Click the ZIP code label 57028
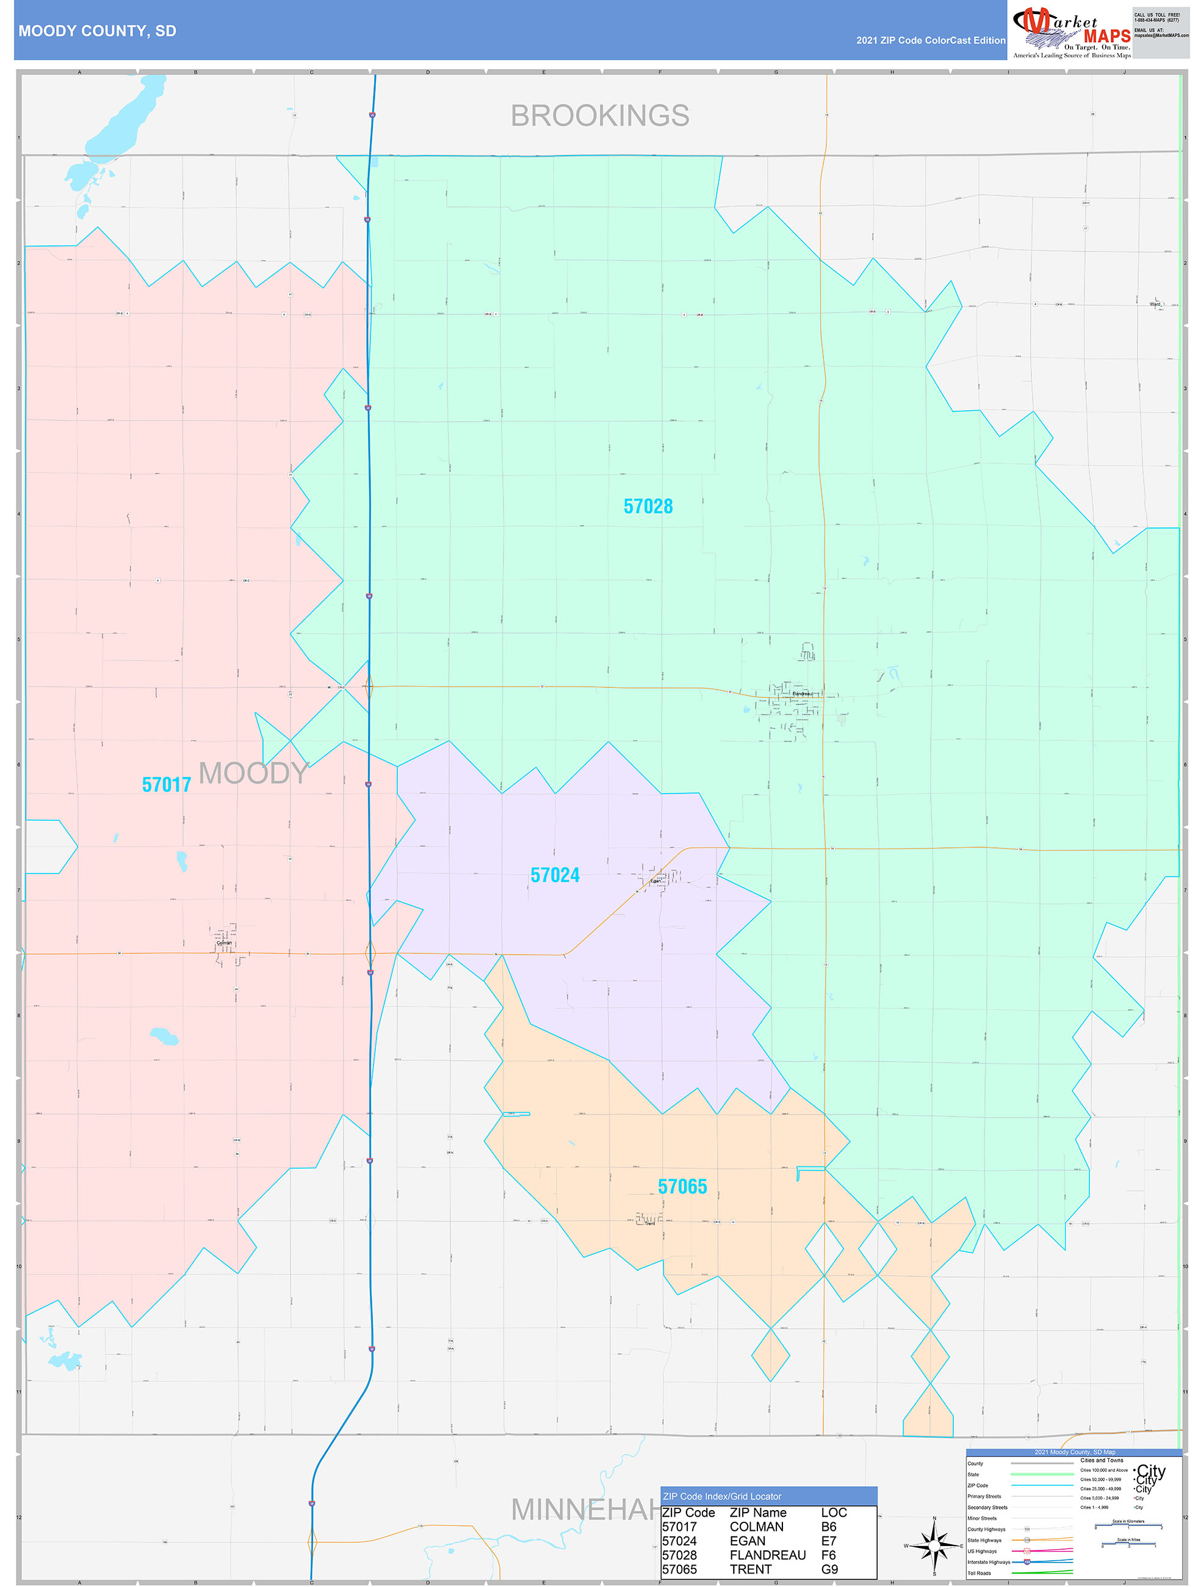point(648,507)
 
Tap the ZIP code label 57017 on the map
point(167,785)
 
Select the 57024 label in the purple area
point(555,875)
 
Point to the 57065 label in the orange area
point(682,1187)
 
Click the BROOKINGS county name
point(600,115)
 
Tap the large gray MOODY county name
point(253,773)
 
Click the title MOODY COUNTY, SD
point(98,31)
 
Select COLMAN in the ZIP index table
point(756,1527)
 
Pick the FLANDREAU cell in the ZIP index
point(767,1555)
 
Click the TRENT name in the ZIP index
point(751,1569)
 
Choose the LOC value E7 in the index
point(829,1541)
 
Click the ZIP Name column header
point(757,1513)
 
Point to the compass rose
point(934,1545)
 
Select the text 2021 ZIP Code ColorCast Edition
point(931,40)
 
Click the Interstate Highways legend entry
point(989,1562)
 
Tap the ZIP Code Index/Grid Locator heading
point(722,1497)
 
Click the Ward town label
point(1154,304)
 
